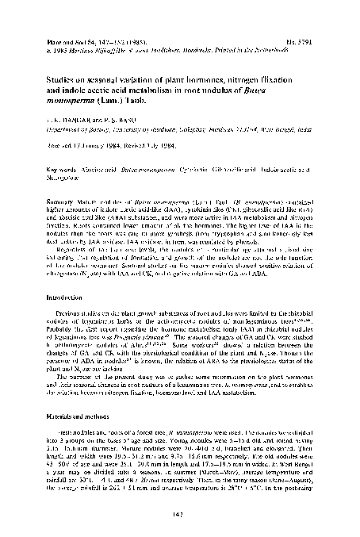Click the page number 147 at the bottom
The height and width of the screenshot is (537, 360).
click(x=180, y=518)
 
